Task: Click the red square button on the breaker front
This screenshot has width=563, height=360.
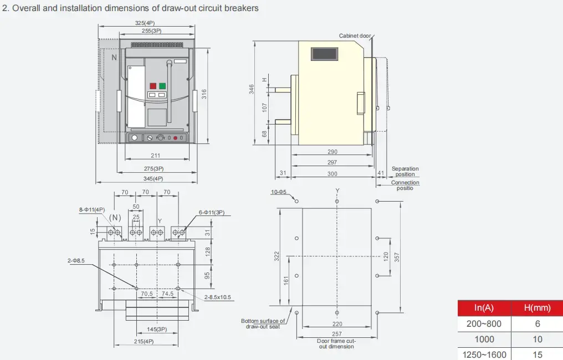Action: [153, 86]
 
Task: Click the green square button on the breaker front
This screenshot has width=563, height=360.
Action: [162, 86]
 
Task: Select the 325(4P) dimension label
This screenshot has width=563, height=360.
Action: [145, 23]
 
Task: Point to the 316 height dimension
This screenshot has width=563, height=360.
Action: [204, 94]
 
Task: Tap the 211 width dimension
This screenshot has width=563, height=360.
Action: [156, 156]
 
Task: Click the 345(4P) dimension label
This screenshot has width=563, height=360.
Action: [153, 178]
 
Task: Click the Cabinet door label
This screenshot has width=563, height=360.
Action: [355, 36]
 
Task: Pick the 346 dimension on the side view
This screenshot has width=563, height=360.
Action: [252, 89]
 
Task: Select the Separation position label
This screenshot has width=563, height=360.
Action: [405, 171]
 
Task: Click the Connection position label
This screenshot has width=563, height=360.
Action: [405, 185]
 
